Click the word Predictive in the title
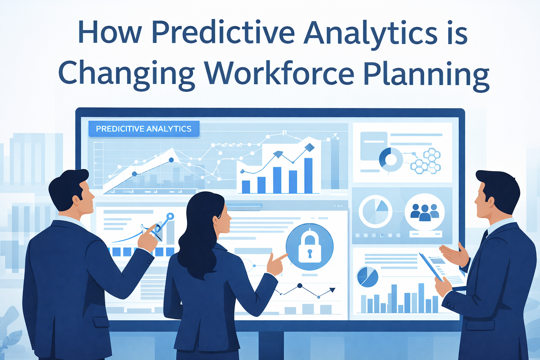tap(223, 32)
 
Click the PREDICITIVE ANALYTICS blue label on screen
tap(144, 129)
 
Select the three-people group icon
tap(425, 212)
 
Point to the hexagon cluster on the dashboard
tap(426, 161)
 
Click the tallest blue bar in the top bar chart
tap(308, 175)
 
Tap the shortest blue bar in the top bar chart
tap(246, 187)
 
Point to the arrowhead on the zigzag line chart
tap(332, 290)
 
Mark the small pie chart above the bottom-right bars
tap(367, 277)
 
